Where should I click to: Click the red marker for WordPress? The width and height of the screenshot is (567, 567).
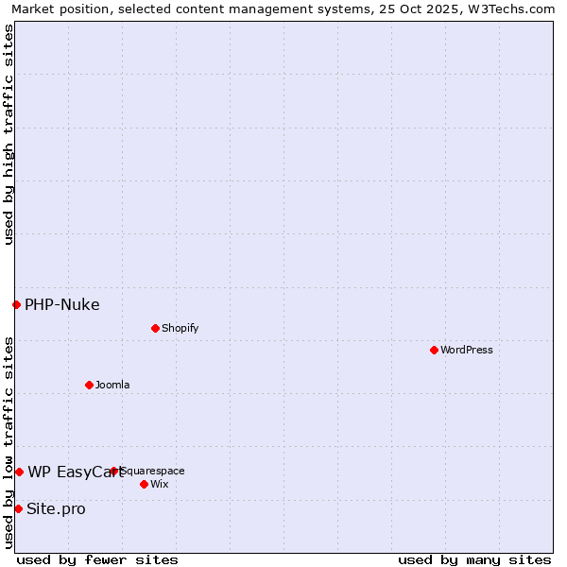[x=434, y=350]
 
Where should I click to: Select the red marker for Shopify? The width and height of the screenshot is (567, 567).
[x=155, y=328]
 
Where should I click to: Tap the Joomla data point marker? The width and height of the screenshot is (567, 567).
[x=89, y=385]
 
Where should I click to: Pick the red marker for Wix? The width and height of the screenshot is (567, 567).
[x=144, y=484]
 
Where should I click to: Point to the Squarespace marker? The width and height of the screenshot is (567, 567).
[x=113, y=471]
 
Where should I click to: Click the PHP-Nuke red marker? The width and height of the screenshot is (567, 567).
[x=16, y=304]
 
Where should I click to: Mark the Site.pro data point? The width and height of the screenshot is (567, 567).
[x=18, y=508]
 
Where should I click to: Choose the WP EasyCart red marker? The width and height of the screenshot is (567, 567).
[x=19, y=472]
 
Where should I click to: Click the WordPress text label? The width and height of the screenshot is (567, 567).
[x=467, y=350]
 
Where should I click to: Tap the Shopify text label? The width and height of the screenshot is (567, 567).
[x=180, y=328]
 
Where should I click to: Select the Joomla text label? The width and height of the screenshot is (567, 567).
[x=112, y=385]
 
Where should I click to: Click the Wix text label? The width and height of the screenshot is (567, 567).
[x=160, y=484]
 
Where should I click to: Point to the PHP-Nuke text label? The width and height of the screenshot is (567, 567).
[x=62, y=304]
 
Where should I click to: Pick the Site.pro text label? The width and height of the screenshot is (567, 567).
[x=56, y=508]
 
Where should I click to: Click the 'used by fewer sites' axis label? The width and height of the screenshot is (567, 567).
[x=97, y=559]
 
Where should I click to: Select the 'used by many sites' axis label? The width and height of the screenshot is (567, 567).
[x=474, y=559]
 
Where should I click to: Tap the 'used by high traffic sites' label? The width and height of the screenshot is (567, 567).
[x=9, y=134]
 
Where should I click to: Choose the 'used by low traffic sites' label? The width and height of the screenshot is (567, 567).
[x=9, y=442]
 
